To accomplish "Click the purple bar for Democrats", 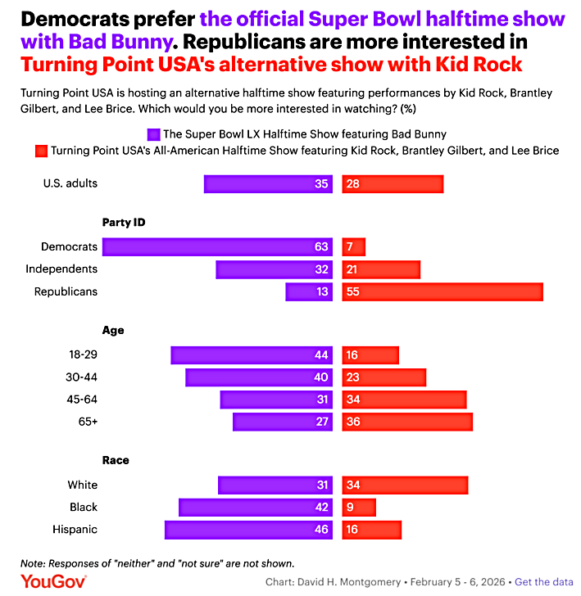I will coord(216,246).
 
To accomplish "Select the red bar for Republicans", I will coord(443,291).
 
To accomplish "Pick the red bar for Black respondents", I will coord(359,508).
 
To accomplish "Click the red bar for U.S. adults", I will coord(393,183).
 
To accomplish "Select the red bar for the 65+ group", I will coord(407,422).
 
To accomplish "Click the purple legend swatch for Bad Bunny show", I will coord(152,133).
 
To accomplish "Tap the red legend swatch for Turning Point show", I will coord(40,151).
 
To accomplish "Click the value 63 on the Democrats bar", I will coord(321,246).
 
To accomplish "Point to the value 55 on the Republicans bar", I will coord(354,291).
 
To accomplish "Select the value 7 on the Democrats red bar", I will coord(351,246).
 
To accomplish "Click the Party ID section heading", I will coord(124,222).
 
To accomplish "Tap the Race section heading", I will coord(116,460).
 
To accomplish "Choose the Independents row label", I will coord(61,269).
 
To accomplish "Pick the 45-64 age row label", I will coord(81,400).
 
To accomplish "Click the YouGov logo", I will coord(53,580).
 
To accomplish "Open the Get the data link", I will coord(543,582).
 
